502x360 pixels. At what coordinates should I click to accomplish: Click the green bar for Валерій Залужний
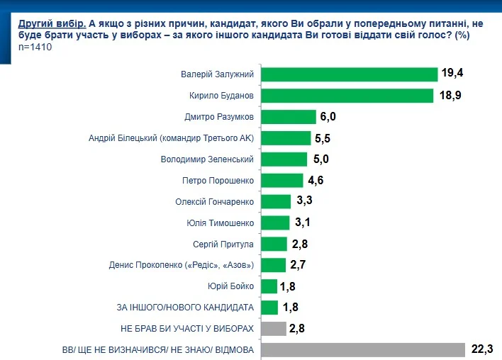click(350, 74)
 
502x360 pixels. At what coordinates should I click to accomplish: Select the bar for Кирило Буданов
click(347, 96)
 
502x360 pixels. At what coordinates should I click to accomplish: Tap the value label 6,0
click(328, 116)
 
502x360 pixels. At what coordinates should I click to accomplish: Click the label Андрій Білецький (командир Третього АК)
click(172, 138)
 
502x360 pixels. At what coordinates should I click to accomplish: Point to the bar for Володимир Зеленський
click(284, 159)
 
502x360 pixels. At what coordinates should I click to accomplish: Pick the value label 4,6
click(316, 181)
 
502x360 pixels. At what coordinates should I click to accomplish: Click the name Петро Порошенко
click(218, 181)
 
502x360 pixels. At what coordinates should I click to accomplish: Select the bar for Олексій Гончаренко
click(276, 201)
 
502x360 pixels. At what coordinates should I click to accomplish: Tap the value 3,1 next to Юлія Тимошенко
click(303, 222)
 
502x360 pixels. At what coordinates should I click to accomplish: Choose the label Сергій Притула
click(223, 244)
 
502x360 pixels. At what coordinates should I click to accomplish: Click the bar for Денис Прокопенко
click(274, 265)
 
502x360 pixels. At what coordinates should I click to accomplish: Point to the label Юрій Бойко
click(230, 286)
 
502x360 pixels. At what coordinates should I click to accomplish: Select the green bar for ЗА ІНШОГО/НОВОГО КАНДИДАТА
click(269, 308)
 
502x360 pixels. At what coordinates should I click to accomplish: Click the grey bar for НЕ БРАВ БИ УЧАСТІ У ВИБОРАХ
click(274, 329)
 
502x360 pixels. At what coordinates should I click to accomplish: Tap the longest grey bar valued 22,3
click(363, 350)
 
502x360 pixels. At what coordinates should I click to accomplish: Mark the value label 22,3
click(482, 349)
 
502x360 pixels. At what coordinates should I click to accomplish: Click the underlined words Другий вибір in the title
click(52, 23)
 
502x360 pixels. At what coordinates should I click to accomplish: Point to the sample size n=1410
click(35, 47)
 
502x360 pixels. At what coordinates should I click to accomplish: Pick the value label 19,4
click(452, 73)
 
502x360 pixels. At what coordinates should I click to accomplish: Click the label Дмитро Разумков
click(219, 117)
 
